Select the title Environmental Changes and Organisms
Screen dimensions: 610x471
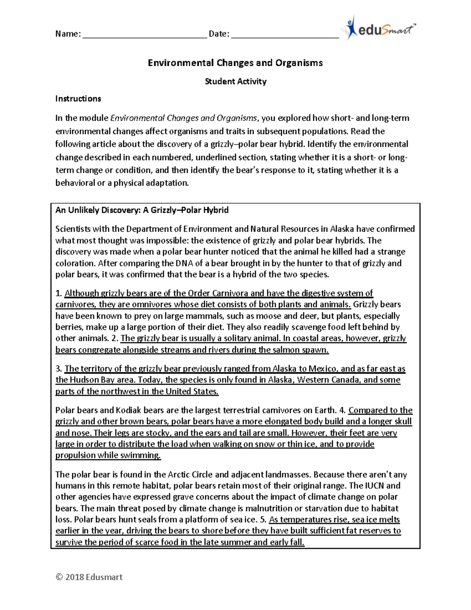point(235,63)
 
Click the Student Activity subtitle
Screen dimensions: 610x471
point(235,81)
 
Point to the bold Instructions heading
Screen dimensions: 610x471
point(78,99)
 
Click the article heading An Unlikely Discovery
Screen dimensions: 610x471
point(142,210)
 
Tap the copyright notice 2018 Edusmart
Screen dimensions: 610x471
point(89,577)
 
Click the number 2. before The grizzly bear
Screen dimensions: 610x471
point(115,339)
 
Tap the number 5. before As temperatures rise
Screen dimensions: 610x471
point(263,520)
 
